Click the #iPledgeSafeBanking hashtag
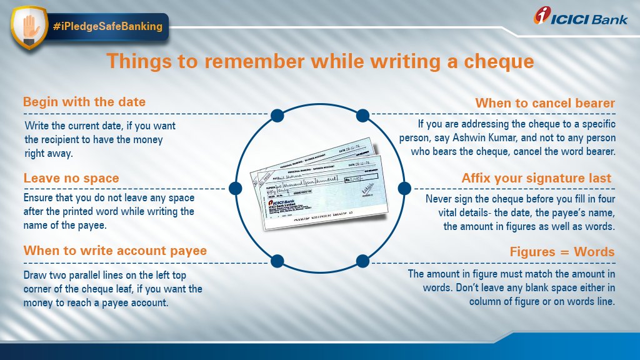107,26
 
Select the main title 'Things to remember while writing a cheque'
319,62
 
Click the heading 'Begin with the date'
84,102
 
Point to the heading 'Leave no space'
71,179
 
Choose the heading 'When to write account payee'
115,251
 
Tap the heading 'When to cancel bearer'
545,103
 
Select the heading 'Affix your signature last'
536,179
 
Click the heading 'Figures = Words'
562,252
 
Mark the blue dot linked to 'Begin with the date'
278,115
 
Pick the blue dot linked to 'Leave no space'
236,187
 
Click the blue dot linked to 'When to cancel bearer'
362,115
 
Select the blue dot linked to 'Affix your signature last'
404,187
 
